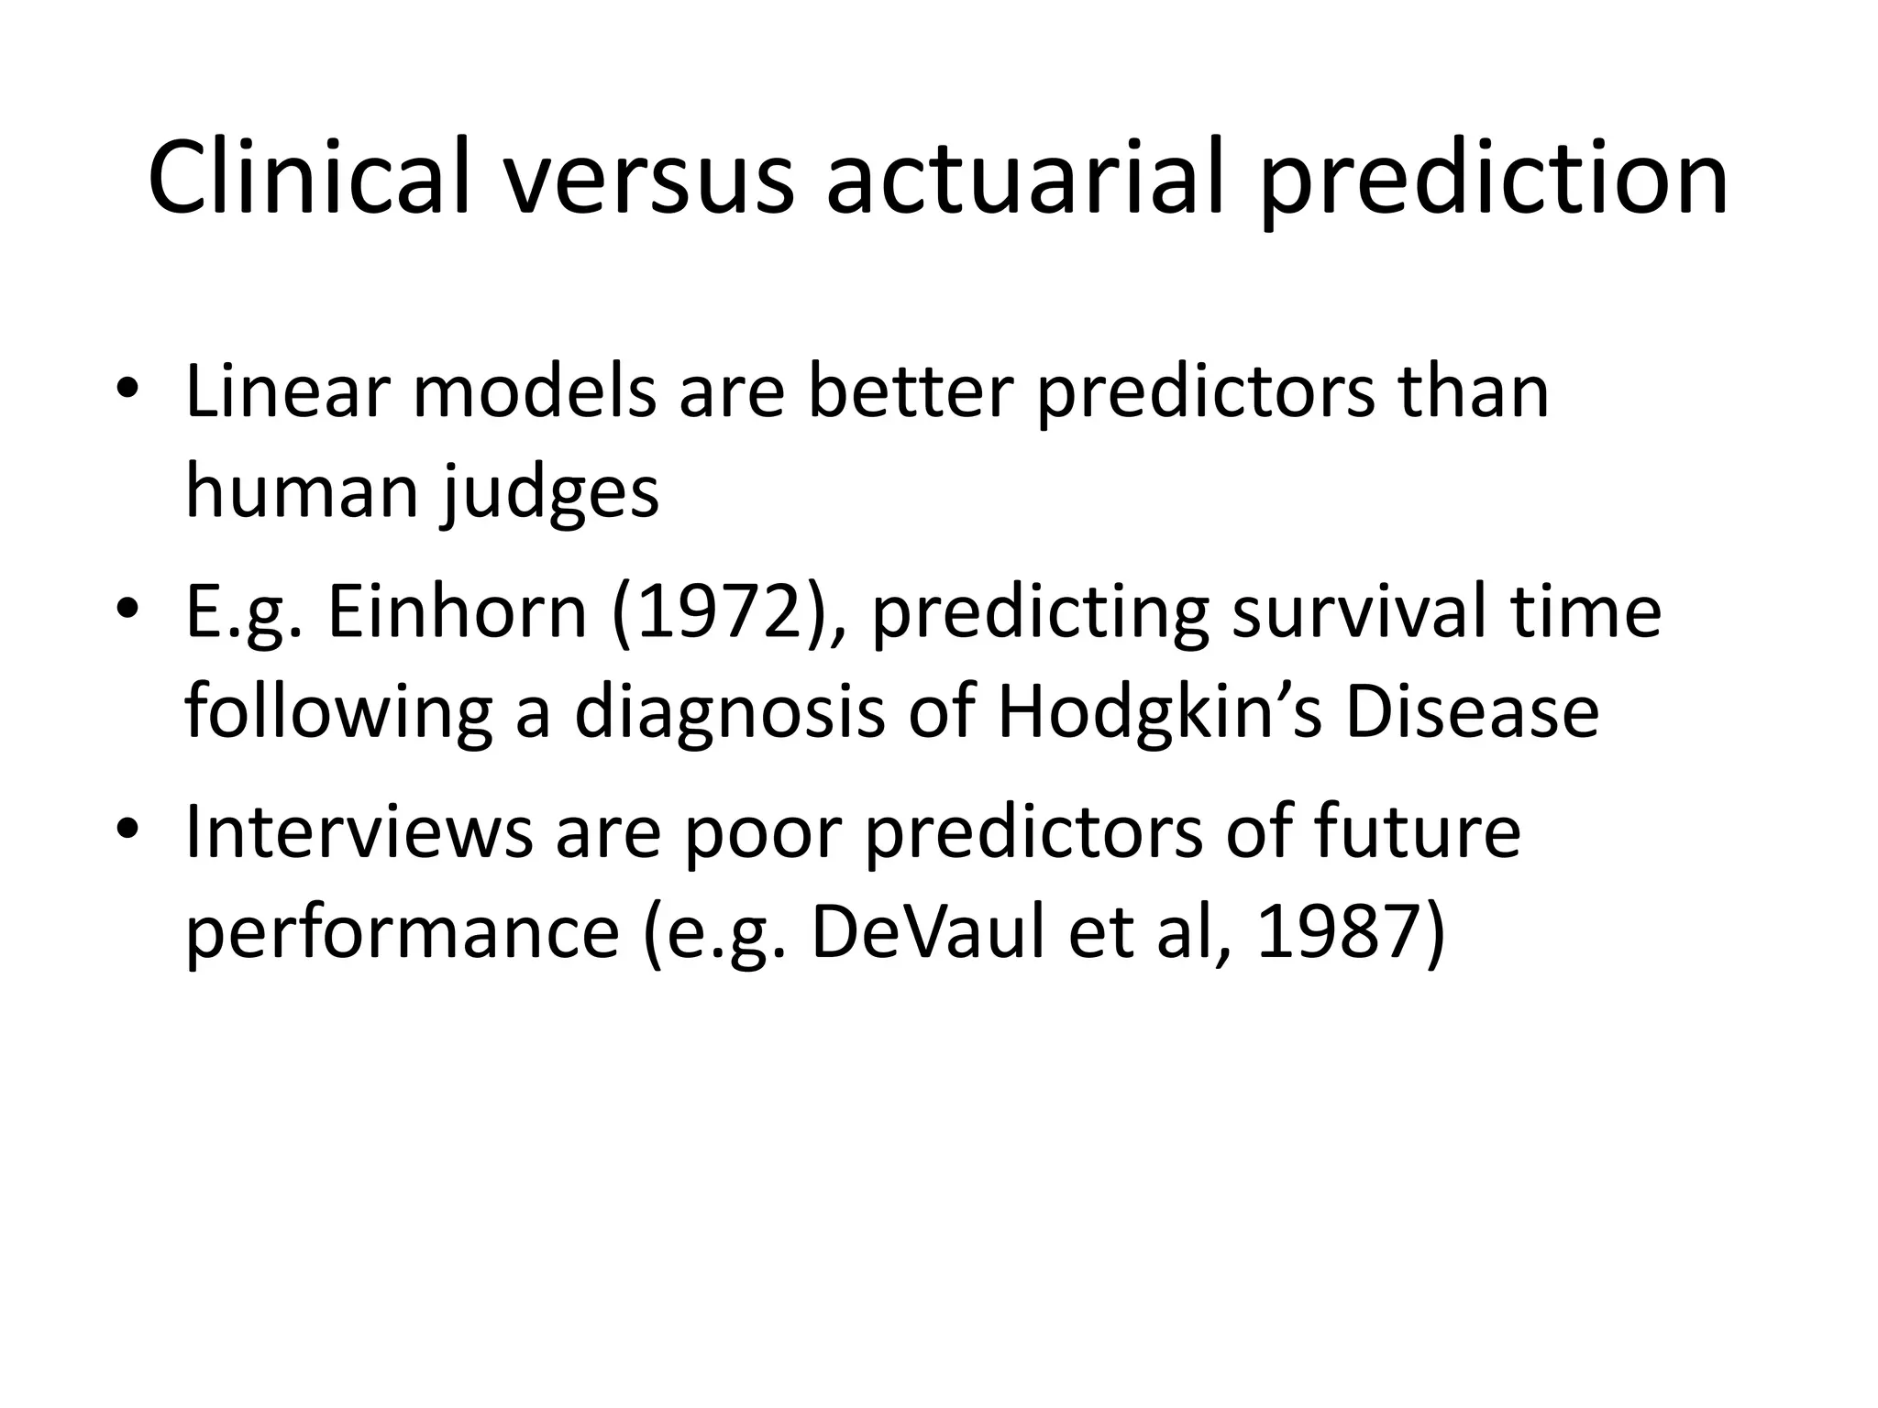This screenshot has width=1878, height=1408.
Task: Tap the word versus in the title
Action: [x=646, y=176]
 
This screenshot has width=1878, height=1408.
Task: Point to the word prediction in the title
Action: [x=1495, y=176]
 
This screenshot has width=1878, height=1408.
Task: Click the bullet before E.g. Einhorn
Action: [x=127, y=610]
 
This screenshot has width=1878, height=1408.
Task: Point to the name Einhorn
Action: [x=457, y=612]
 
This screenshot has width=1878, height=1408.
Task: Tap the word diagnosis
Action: [x=730, y=713]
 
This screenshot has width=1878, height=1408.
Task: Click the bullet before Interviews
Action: [x=127, y=829]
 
